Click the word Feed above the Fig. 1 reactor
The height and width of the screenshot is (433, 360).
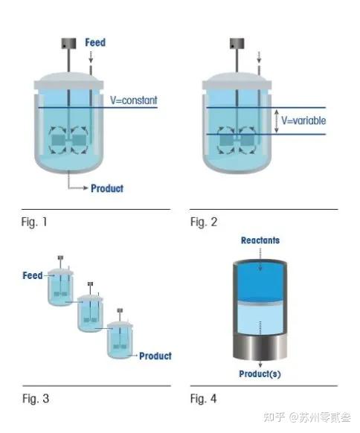pyautogui.click(x=95, y=42)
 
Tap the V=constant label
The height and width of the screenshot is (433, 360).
pyautogui.click(x=134, y=100)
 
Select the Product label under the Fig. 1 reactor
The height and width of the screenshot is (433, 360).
pyautogui.click(x=107, y=188)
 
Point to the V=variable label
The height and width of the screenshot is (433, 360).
pyautogui.click(x=303, y=121)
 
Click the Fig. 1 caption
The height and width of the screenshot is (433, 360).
pyautogui.click(x=34, y=222)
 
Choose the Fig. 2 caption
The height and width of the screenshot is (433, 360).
pyautogui.click(x=204, y=222)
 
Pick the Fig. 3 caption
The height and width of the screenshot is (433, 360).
pyautogui.click(x=36, y=399)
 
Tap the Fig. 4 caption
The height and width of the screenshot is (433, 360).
pyautogui.click(x=204, y=399)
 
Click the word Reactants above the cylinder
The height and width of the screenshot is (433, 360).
pyautogui.click(x=260, y=240)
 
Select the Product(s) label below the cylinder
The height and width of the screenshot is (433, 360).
pyautogui.click(x=260, y=374)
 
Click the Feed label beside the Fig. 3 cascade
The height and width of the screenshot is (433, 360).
pyautogui.click(x=33, y=275)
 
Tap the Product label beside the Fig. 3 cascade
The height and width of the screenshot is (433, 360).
pyautogui.click(x=155, y=356)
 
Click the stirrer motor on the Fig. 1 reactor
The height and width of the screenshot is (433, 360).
pyautogui.click(x=68, y=43)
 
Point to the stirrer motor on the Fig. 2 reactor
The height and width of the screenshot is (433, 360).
pyautogui.click(x=237, y=43)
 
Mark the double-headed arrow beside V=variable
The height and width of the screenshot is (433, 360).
pyautogui.click(x=277, y=121)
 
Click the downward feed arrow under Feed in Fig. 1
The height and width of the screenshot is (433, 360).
pyautogui.click(x=91, y=57)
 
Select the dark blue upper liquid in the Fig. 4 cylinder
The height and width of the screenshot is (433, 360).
pyautogui.click(x=260, y=282)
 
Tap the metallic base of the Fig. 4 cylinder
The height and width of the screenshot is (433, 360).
pyautogui.click(x=260, y=346)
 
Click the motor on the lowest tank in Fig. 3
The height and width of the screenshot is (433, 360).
pyautogui.click(x=120, y=310)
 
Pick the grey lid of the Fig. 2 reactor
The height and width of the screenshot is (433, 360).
pyautogui.click(x=237, y=81)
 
